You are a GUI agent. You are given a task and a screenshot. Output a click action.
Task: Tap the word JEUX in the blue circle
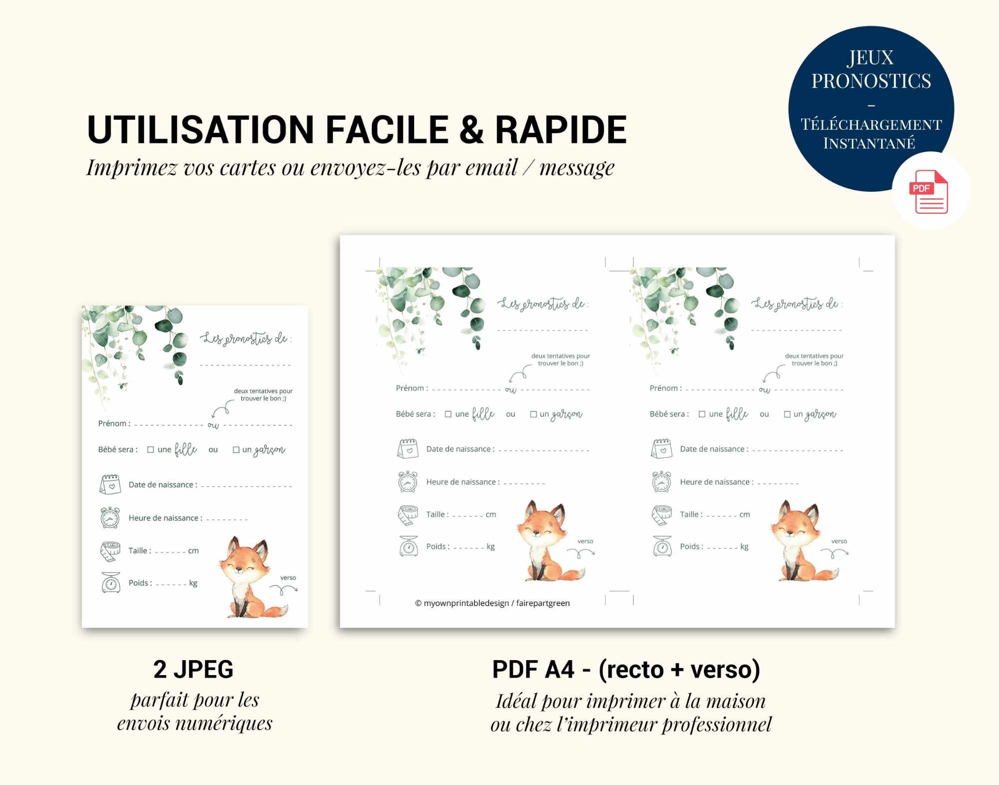pos(871,58)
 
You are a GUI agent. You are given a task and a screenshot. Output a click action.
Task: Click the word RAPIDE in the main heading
pos(560,130)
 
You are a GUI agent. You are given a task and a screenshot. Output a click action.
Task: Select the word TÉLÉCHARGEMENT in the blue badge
pos(871,124)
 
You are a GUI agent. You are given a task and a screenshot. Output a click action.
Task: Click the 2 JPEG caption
pos(193,669)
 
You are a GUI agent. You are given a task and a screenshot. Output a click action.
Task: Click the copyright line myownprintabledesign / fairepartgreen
pos(493,603)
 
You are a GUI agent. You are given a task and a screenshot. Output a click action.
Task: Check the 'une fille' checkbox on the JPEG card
pos(150,449)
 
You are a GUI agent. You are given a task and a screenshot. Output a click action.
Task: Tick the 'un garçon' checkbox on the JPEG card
pos(236,449)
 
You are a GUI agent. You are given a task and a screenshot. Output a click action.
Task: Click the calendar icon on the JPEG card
pos(110,484)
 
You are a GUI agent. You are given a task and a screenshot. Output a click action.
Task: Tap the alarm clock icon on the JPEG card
pos(110,517)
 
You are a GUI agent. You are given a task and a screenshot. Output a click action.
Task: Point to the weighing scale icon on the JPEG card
pos(111,582)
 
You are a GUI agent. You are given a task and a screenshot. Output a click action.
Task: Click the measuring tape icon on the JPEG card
pos(110,550)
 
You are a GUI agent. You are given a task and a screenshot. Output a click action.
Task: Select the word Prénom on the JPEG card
pos(112,423)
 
